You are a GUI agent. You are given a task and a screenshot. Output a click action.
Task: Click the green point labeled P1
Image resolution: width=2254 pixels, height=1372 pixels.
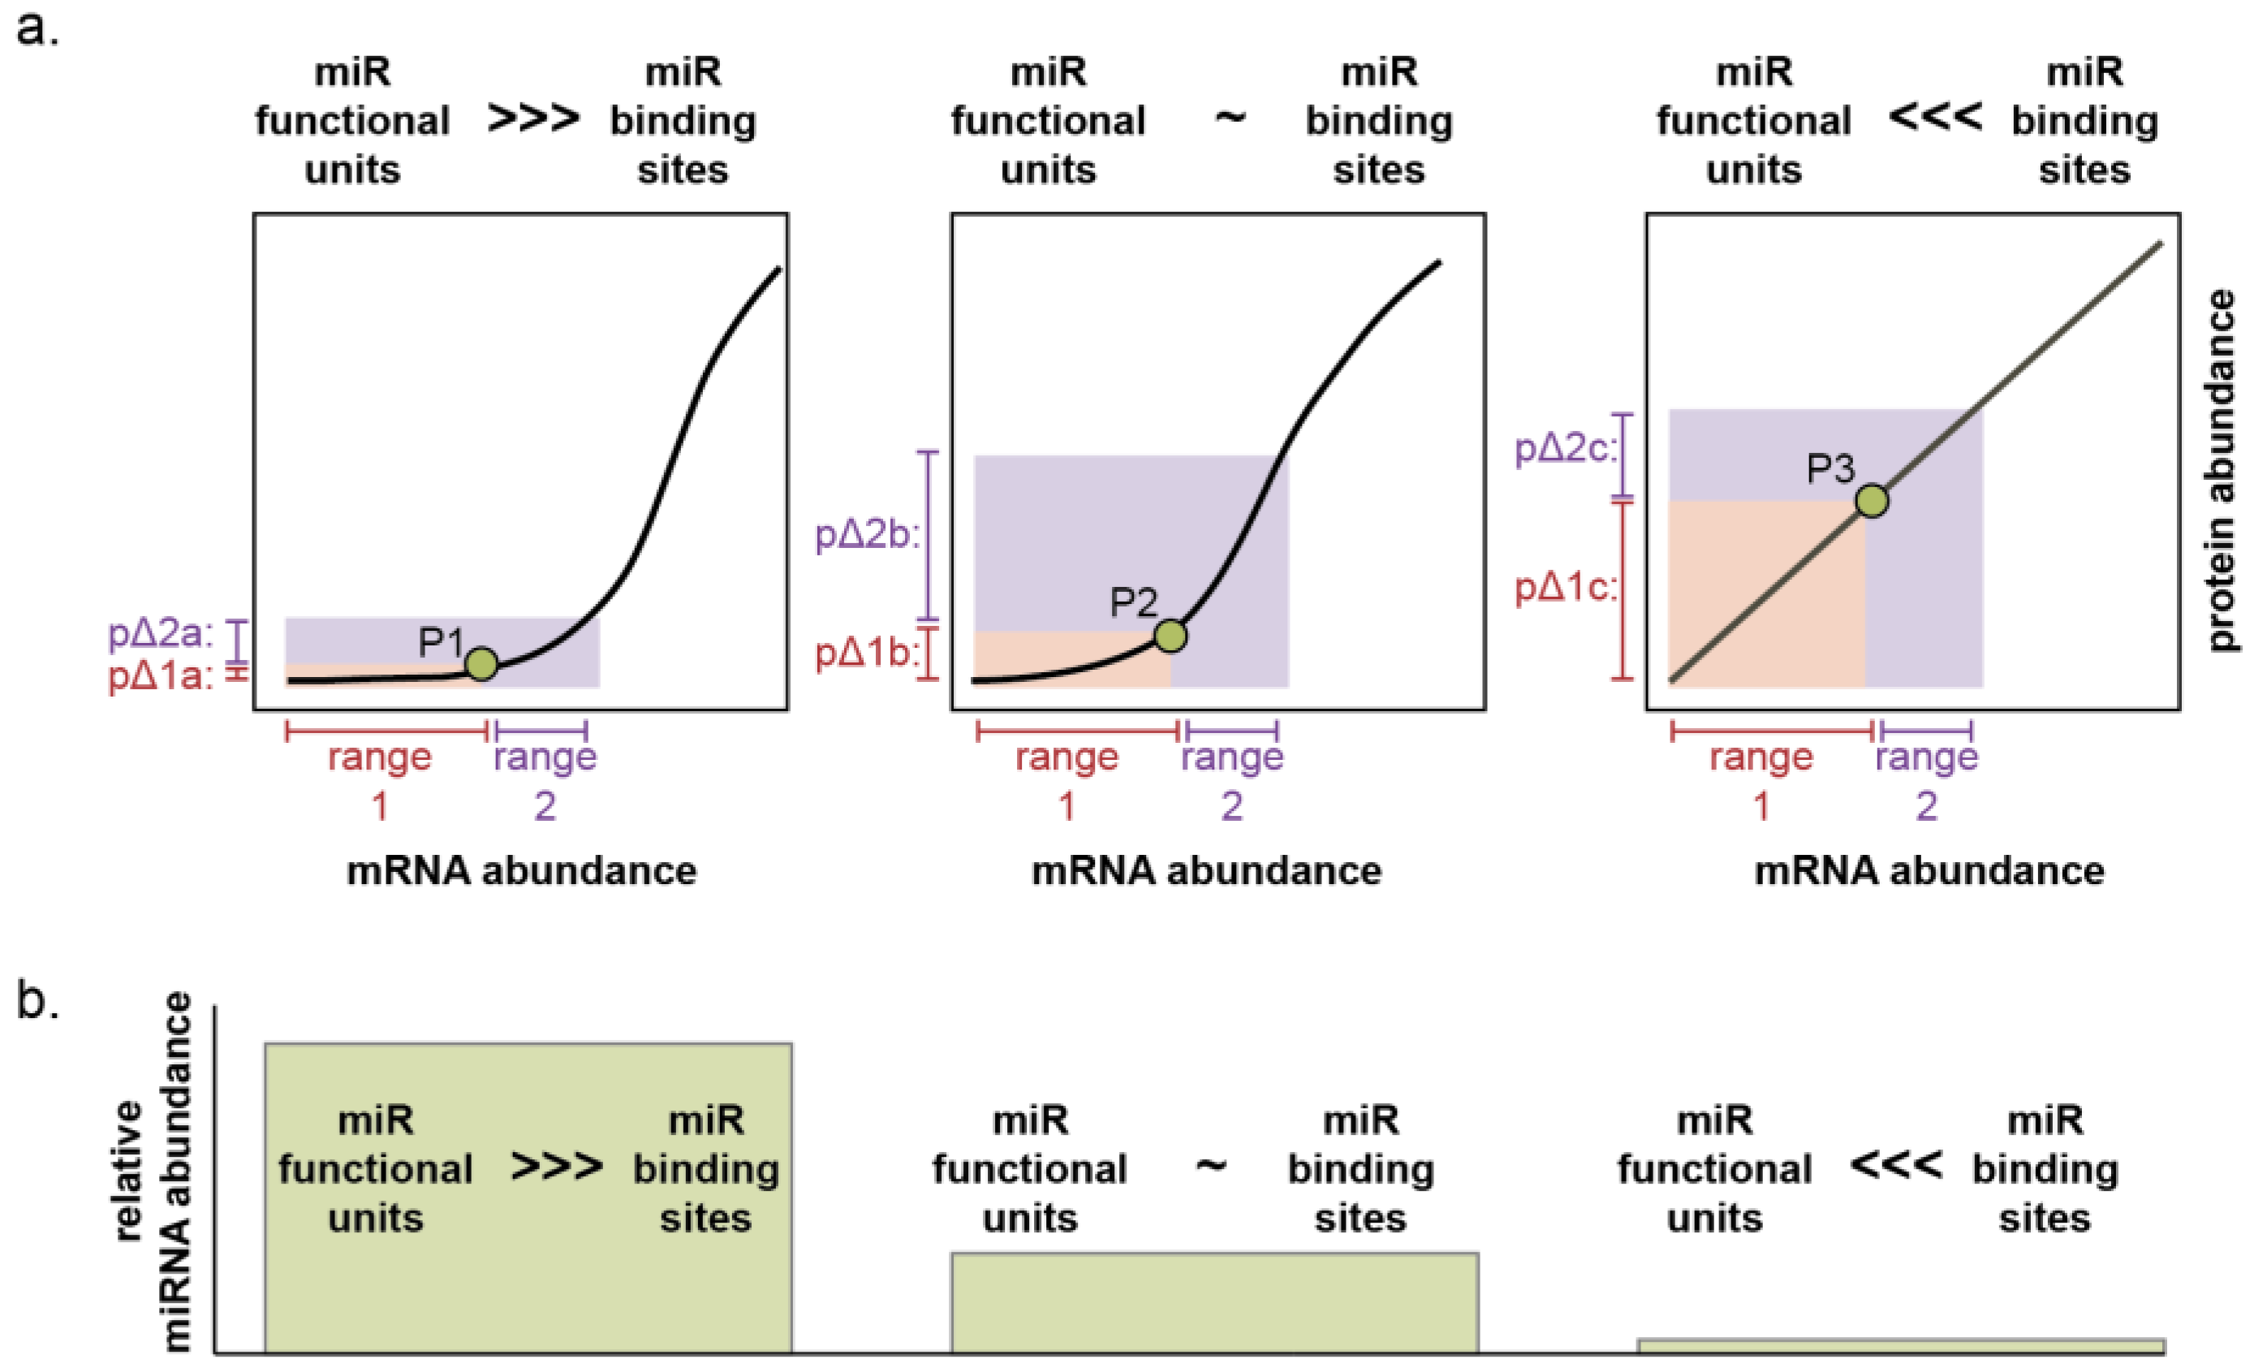(481, 663)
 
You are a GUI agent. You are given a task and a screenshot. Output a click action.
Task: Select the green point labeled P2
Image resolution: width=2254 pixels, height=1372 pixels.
(1170, 636)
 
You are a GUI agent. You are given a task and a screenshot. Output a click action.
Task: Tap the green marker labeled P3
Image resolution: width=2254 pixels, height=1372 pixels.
(1872, 501)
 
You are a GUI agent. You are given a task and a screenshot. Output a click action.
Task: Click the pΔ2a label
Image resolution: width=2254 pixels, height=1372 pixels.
(161, 634)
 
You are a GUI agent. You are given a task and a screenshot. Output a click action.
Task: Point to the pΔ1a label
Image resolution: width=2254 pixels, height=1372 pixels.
(161, 678)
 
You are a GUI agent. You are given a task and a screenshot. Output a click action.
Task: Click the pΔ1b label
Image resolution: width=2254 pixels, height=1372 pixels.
(865, 653)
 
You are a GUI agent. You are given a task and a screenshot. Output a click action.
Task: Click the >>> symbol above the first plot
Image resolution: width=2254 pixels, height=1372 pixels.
(533, 119)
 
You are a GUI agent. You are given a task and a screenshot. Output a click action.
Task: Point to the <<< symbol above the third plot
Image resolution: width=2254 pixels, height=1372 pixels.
(1935, 119)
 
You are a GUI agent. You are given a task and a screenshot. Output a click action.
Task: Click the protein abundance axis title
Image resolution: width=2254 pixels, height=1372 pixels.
(2221, 471)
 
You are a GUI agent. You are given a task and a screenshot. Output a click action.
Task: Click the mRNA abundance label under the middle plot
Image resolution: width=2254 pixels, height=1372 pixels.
(1205, 869)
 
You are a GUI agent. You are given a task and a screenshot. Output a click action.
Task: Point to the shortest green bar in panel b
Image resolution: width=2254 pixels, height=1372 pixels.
(1901, 1345)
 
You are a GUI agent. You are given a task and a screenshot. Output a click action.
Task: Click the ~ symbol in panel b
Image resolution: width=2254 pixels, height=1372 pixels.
(1211, 1165)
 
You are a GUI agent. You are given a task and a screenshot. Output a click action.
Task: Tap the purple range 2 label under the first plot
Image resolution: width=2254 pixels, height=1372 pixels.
(545, 780)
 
